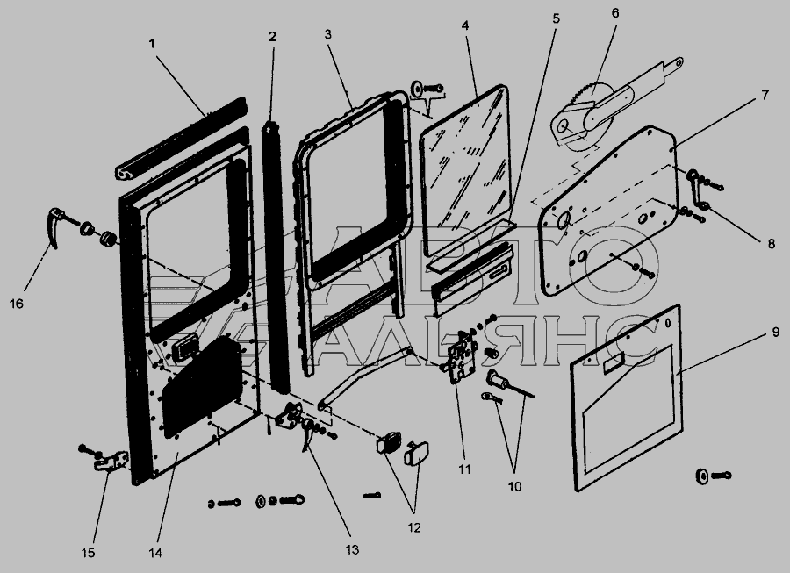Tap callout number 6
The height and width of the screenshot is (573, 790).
point(614,13)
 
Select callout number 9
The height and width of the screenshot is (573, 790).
point(774,333)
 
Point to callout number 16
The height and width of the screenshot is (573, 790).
point(18,303)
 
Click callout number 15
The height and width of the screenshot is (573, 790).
point(89,553)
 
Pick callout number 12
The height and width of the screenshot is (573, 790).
point(413,528)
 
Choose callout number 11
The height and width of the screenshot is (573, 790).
point(464,469)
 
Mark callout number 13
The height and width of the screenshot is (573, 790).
point(353,550)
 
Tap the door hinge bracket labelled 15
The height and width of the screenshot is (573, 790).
point(111,462)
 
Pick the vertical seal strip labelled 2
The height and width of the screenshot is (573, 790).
point(279,254)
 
